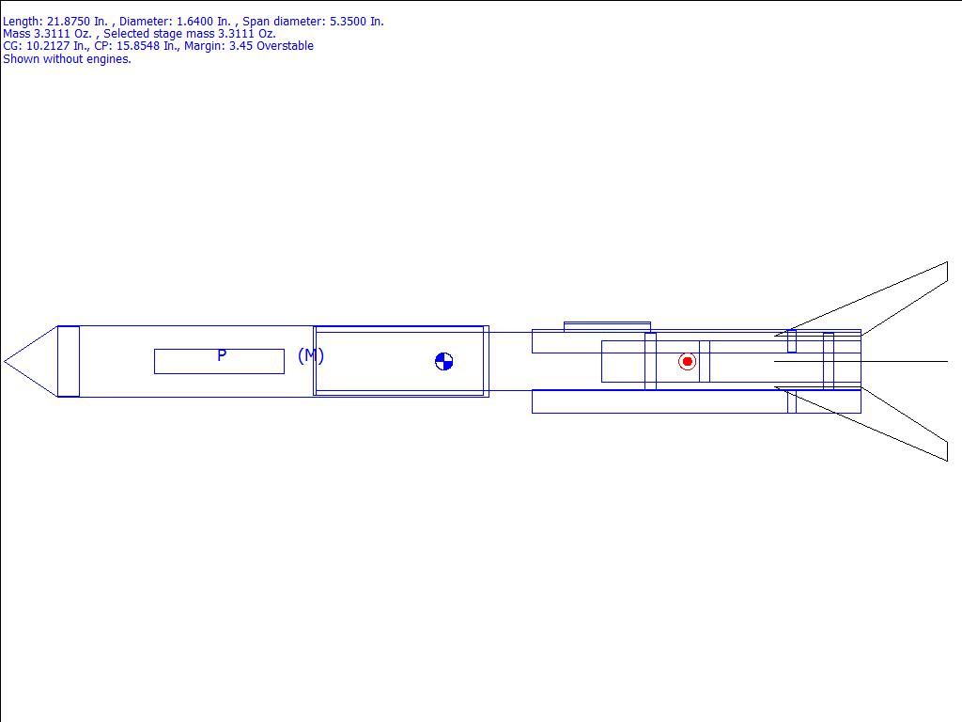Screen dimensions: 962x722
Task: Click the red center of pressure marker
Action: pos(687,362)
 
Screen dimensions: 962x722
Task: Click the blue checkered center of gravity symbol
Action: pos(443,362)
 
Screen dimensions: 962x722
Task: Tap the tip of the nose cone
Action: pos(5,362)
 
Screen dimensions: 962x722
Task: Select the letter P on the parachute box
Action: pos(222,354)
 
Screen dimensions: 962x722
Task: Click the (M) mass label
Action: pos(310,355)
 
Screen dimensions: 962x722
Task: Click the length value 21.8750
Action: pos(69,22)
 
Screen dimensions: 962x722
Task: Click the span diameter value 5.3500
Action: pos(348,22)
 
